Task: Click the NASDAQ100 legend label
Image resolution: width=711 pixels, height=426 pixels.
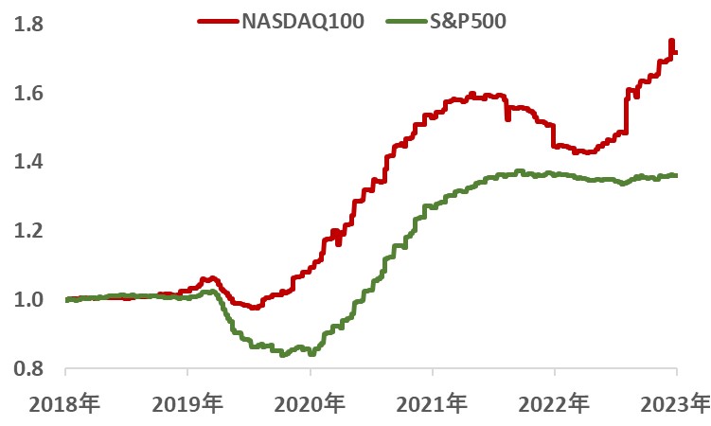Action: tap(300, 20)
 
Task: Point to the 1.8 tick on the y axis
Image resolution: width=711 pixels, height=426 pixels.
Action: tap(30, 25)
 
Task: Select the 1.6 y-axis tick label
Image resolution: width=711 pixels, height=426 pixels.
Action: tap(30, 94)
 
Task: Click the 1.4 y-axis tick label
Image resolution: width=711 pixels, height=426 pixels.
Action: tap(30, 163)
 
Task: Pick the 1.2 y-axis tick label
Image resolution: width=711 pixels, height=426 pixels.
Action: tap(30, 231)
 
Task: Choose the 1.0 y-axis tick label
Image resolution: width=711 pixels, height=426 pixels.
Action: tap(30, 300)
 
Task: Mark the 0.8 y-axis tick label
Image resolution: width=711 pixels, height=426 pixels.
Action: tap(30, 368)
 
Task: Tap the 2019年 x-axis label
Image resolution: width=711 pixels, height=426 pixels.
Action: tap(187, 405)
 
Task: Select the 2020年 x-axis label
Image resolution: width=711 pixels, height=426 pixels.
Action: tap(311, 405)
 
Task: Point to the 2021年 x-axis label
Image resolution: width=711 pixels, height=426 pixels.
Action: tap(433, 405)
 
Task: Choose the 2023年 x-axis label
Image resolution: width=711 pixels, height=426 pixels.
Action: tap(677, 405)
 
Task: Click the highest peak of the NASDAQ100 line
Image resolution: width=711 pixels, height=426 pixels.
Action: tap(671, 41)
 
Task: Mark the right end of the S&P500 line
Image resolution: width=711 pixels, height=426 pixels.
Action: tap(674, 175)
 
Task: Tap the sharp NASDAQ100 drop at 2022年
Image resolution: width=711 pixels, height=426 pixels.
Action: tap(554, 136)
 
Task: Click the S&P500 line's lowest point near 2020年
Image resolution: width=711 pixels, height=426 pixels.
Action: tap(283, 355)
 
